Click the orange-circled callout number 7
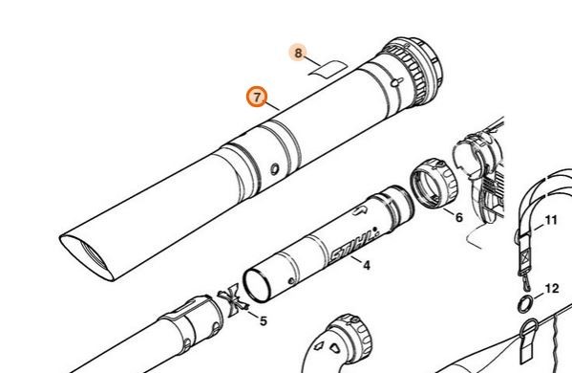[257, 98]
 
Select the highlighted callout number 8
[298, 53]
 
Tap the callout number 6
[459, 218]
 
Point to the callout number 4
[367, 265]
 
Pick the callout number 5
[263, 321]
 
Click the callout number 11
[551, 220]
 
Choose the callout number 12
[552, 289]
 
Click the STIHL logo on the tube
[352, 246]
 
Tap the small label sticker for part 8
[328, 69]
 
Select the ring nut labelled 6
[434, 183]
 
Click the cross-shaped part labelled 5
[233, 300]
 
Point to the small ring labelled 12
[525, 304]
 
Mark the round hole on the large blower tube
[274, 169]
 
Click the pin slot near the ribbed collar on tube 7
[396, 82]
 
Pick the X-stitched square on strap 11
[525, 258]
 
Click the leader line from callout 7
[273, 107]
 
